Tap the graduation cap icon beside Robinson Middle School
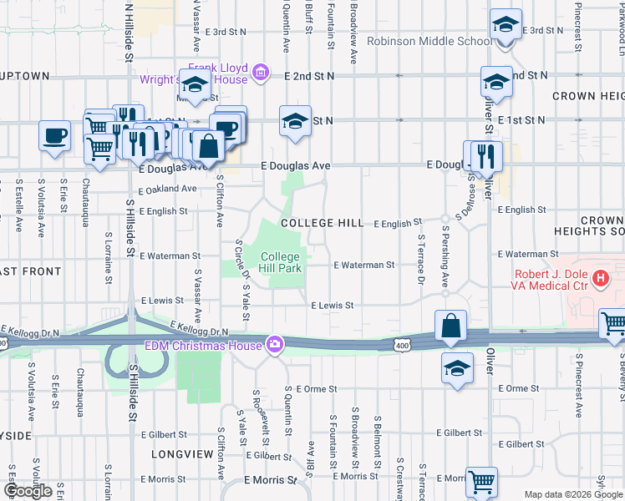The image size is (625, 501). (x=506, y=25)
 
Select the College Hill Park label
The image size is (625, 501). (x=279, y=262)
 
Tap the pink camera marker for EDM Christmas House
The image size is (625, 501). (x=275, y=343)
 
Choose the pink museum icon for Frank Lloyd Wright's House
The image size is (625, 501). (x=261, y=73)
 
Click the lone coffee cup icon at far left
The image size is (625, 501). (x=55, y=135)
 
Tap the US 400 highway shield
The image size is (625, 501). (x=404, y=343)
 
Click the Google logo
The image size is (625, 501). (x=28, y=491)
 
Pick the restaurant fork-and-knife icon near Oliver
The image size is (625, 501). (x=485, y=154)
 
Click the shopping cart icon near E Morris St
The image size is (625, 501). (x=481, y=481)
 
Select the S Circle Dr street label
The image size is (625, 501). (x=238, y=261)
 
